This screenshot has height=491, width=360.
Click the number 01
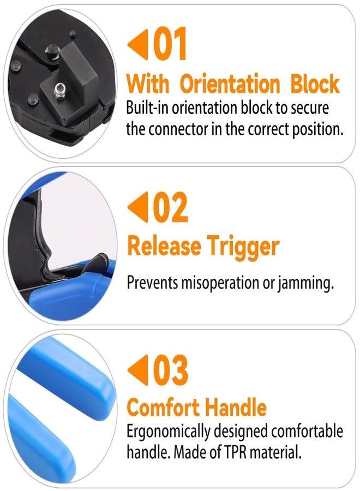coord(169,44)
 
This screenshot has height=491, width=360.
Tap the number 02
coord(170,207)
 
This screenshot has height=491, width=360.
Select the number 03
coord(170,370)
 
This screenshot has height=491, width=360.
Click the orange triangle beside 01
coord(138,44)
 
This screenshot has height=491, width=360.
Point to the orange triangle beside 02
coord(138,207)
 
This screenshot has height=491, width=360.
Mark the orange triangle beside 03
coord(138,370)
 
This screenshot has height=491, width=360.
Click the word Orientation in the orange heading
coord(230,84)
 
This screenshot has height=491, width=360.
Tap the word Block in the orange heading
coord(315,83)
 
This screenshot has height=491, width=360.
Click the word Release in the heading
coord(164,246)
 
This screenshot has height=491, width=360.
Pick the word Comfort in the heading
coord(163,407)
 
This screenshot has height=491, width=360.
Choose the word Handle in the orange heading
coord(236,407)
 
